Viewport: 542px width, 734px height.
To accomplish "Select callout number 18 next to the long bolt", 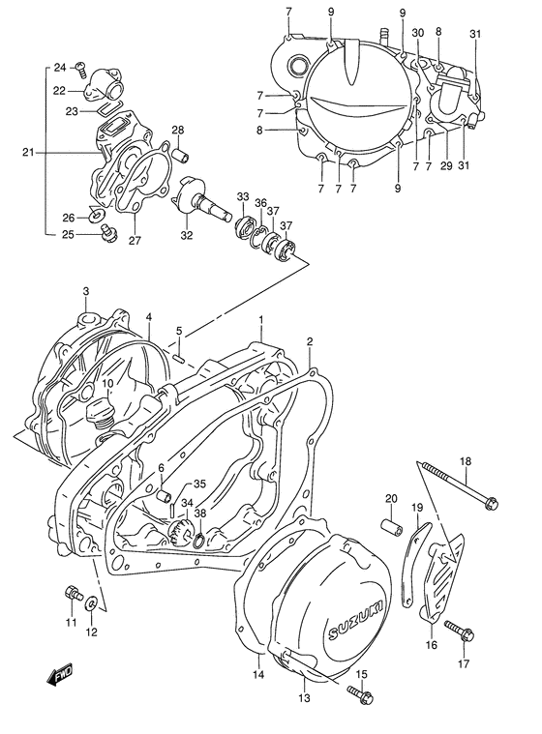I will point(466,460).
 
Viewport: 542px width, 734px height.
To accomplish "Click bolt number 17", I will point(457,630).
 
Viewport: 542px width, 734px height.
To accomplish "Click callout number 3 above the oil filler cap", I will point(85,291).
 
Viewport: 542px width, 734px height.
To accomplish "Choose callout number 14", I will point(258,674).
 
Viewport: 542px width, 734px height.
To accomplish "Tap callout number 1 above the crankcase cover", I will point(260,319).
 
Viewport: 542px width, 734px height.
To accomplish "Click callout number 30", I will point(418,33).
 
